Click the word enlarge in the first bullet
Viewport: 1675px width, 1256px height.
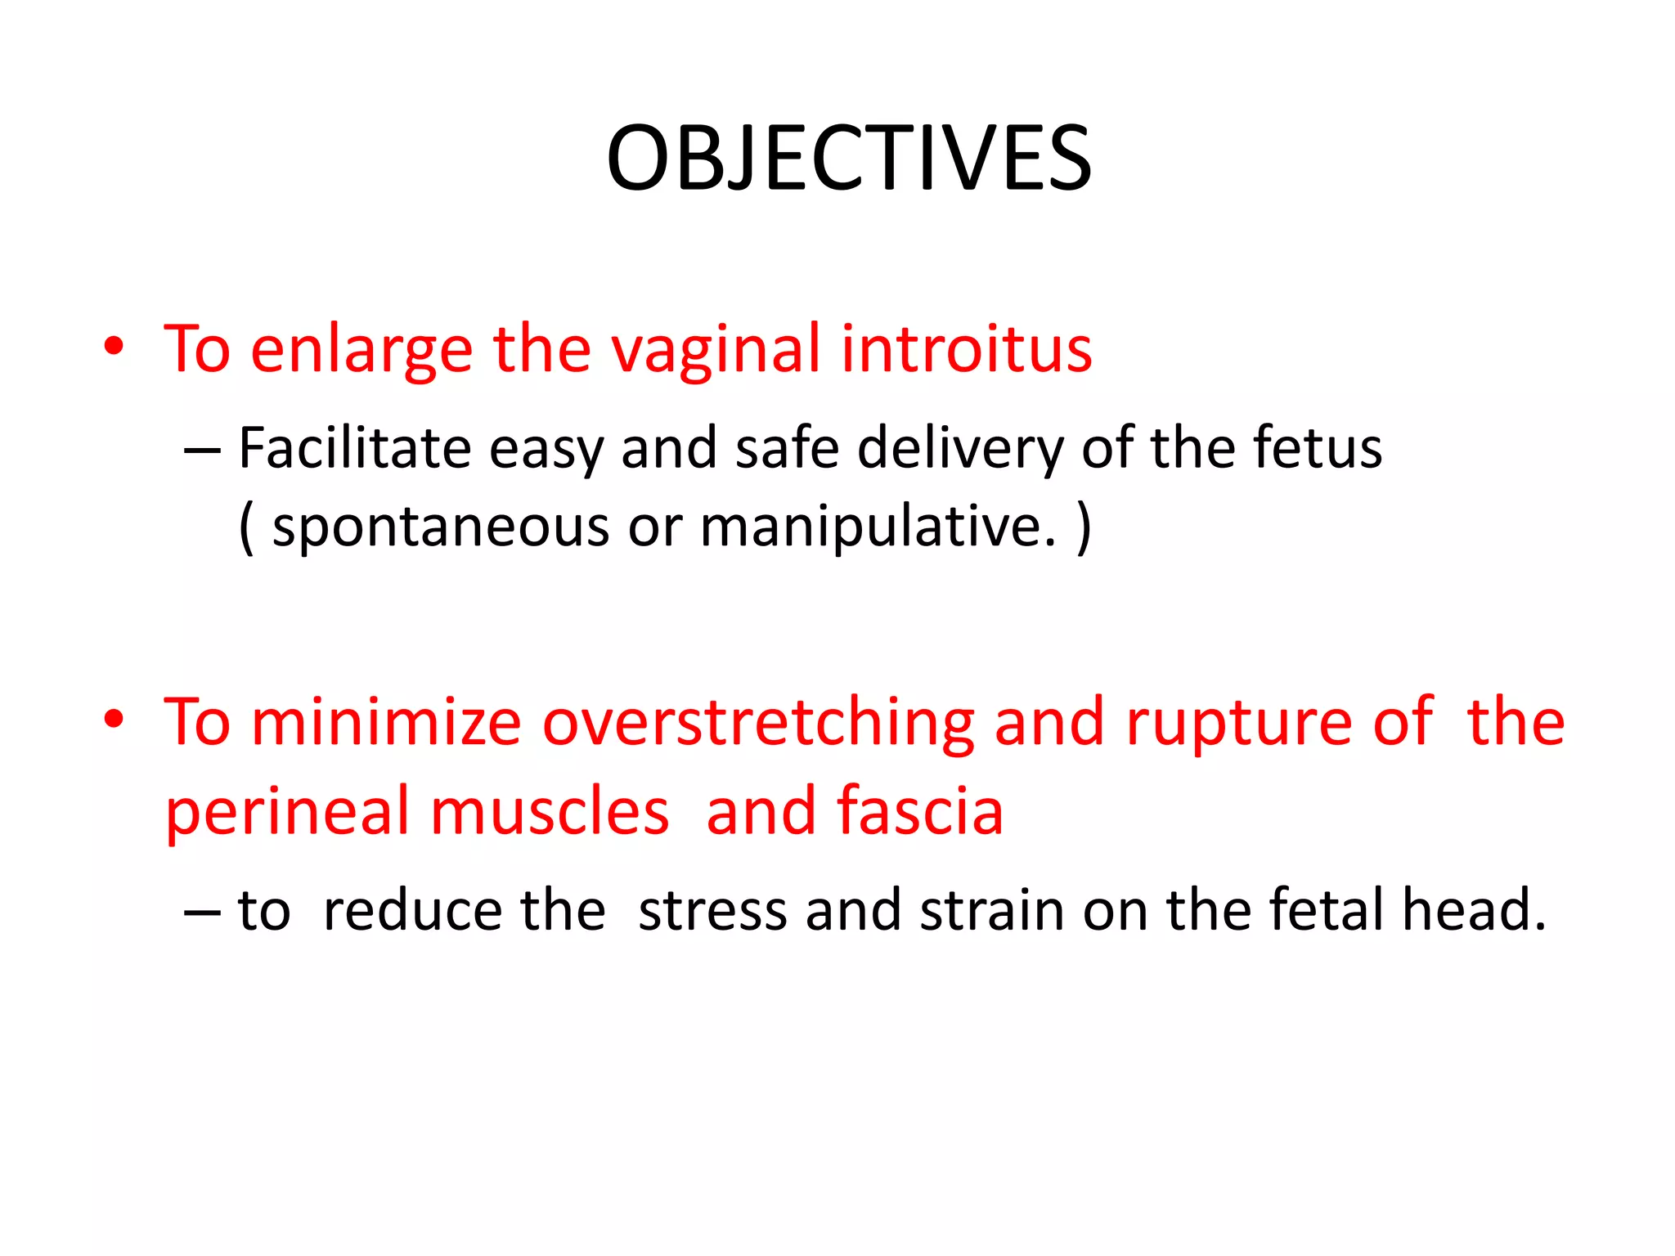coord(361,351)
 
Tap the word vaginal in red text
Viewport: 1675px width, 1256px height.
coord(716,351)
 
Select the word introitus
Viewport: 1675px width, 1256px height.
coord(966,349)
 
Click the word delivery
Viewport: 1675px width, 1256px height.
coord(960,450)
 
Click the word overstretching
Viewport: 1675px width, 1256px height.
coord(758,724)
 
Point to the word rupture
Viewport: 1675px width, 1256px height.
coord(1238,724)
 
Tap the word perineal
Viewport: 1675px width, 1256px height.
coord(286,812)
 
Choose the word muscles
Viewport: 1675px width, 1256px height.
coord(550,812)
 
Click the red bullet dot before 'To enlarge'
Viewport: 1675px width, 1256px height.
coord(114,347)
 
